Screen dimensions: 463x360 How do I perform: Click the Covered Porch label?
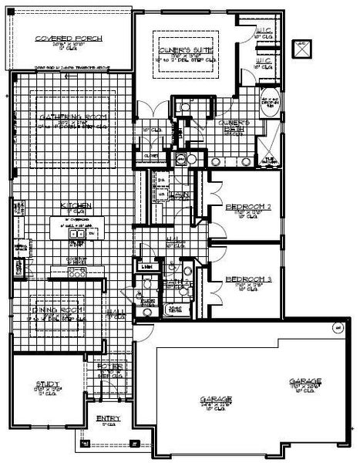[x=63, y=39]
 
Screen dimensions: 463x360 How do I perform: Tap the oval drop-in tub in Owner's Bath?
[x=271, y=104]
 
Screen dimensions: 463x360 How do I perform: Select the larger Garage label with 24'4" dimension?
[x=216, y=400]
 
